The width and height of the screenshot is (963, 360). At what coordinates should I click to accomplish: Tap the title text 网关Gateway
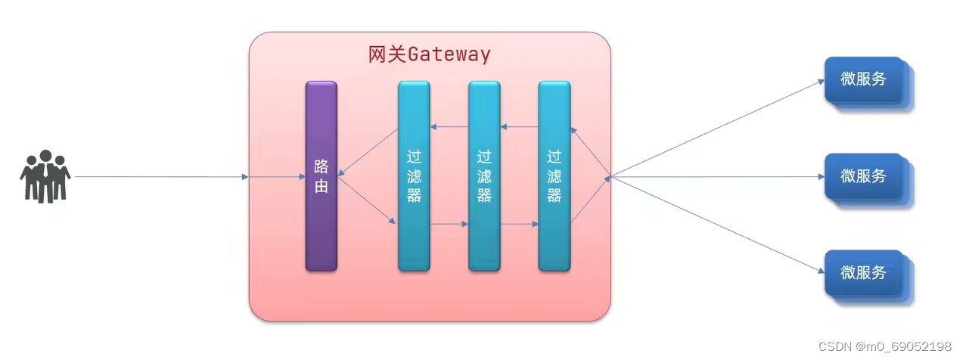tap(429, 54)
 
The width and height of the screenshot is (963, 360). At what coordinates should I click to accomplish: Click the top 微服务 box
tap(863, 79)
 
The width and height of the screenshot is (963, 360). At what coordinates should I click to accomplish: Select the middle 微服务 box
tap(863, 176)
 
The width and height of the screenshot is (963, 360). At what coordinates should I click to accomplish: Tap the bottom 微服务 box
tap(863, 273)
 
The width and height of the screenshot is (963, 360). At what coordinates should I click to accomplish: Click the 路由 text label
tap(321, 176)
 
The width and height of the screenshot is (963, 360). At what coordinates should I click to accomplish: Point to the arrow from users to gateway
tap(159, 177)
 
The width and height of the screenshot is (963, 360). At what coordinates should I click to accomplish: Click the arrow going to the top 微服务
tap(715, 129)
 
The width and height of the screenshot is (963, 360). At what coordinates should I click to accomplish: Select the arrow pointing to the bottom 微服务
tap(715, 225)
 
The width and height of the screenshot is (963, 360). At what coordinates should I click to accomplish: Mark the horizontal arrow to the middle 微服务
tap(715, 177)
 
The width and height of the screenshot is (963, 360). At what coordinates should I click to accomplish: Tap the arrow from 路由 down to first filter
tap(366, 200)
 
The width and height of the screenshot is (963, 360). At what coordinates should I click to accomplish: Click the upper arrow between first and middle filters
tap(449, 126)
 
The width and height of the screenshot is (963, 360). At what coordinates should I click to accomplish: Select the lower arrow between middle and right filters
tap(520, 224)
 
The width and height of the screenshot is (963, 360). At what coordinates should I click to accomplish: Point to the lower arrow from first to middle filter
tap(449, 224)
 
